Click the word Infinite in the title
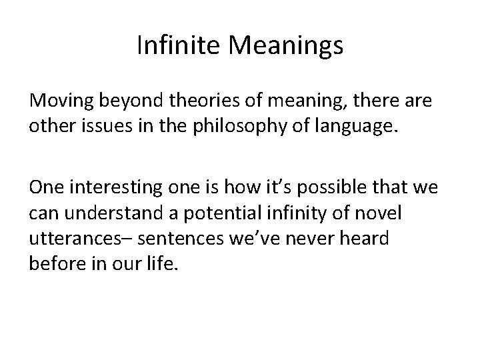click(x=177, y=46)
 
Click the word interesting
click(x=114, y=189)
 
